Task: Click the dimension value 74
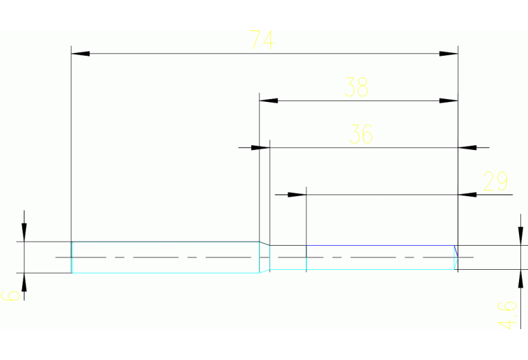pos(262,41)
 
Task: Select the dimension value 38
pos(357,88)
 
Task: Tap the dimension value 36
pos(361,134)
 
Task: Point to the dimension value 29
pos(495,182)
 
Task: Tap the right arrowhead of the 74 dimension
pos(448,53)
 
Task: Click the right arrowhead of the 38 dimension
pos(448,101)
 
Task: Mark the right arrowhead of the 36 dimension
pos(467,147)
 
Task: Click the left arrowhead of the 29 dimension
pos(296,195)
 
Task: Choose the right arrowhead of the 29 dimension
pos(467,195)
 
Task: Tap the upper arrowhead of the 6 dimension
pos(24,233)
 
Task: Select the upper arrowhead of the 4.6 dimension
pos(520,236)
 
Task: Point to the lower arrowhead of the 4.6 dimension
pos(520,279)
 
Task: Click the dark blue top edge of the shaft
pos(379,245)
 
